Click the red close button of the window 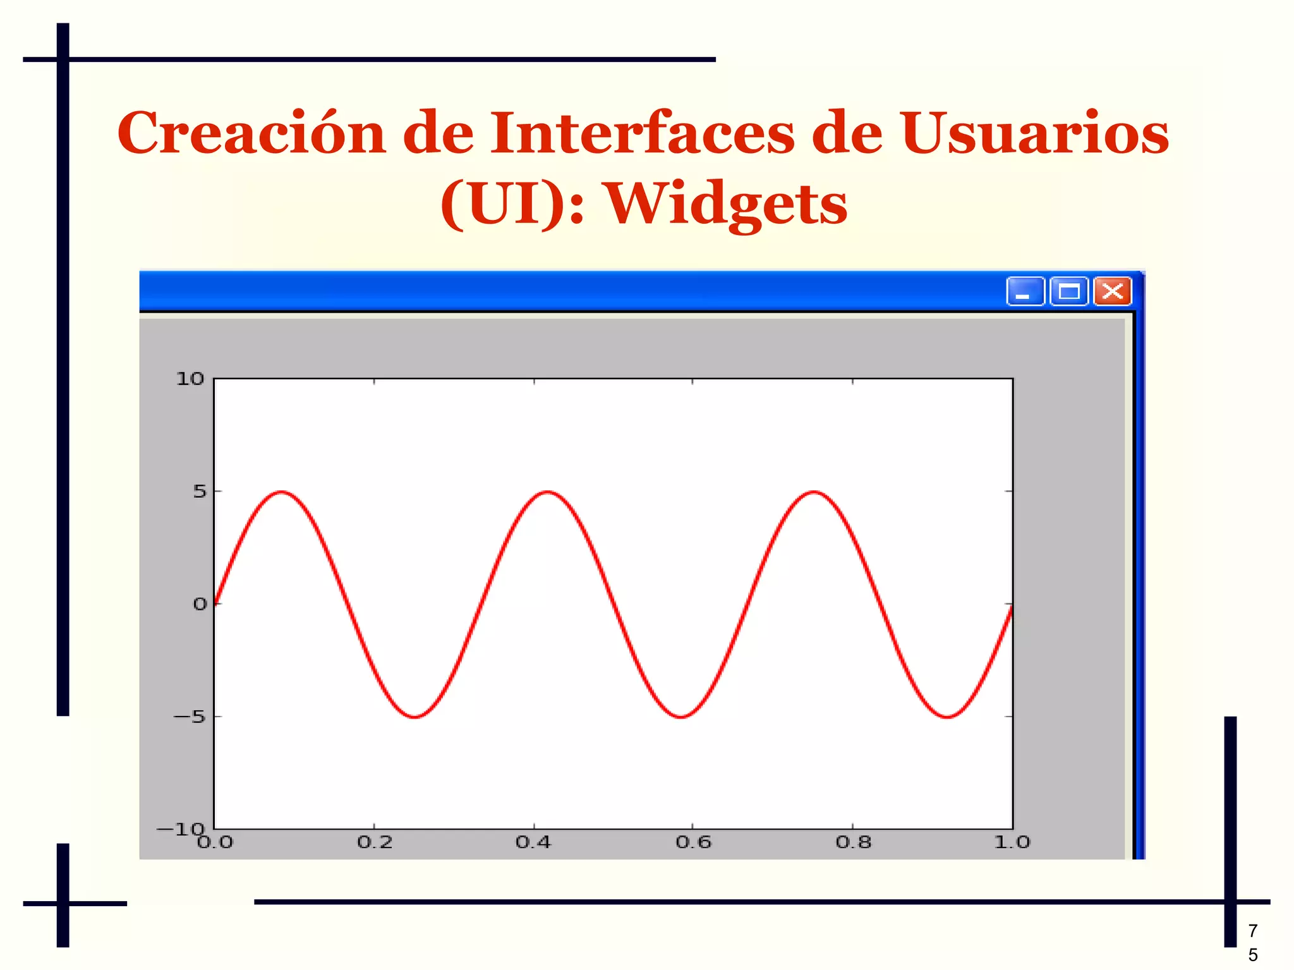pos(1112,291)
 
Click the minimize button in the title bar pos(1025,291)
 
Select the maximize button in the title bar pos(1068,291)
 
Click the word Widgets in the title pos(727,204)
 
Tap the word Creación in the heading pos(251,133)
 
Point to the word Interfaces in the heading pos(642,133)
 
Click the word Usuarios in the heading pos(1034,133)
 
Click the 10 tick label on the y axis pos(190,379)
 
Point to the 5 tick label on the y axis pos(200,491)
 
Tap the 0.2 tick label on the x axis pos(375,842)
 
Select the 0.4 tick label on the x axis pos(533,842)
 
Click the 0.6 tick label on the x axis pos(693,842)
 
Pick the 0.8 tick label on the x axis pos(853,842)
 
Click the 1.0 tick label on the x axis pos(1012,842)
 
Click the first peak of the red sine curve pos(281,492)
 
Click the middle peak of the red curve pos(547,492)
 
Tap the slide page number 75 pos(1252,942)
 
